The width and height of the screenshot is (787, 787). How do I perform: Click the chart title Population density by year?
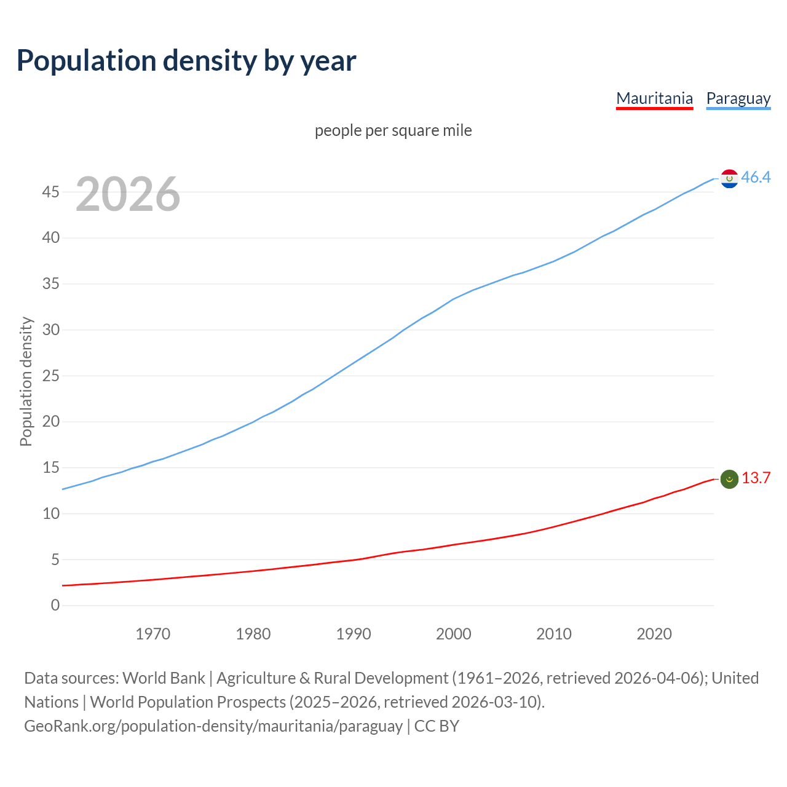(x=186, y=61)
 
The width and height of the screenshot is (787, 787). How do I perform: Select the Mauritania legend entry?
(x=654, y=98)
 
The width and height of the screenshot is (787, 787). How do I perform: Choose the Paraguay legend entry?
(x=738, y=98)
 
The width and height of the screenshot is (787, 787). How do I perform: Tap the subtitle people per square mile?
(x=393, y=130)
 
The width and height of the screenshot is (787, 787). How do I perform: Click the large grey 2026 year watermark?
(x=128, y=194)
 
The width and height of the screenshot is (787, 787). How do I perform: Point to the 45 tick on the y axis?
(x=51, y=192)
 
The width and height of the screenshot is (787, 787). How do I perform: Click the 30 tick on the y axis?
(x=51, y=330)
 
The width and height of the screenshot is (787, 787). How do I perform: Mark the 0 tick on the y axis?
(x=55, y=606)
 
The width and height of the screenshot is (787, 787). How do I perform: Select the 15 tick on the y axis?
(x=51, y=468)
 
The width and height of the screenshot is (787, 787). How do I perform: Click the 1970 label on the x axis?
(x=152, y=634)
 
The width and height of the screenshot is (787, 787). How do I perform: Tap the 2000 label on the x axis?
(x=453, y=634)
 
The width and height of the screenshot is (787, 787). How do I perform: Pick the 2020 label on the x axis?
(x=654, y=634)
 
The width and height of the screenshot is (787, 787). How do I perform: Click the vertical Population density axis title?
(x=26, y=381)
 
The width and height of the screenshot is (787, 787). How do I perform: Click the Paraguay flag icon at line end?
(x=729, y=178)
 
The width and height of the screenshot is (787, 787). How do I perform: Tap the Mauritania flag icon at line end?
(x=729, y=479)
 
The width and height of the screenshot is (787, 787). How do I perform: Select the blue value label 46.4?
(x=756, y=178)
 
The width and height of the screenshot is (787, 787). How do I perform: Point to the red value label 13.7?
(x=756, y=478)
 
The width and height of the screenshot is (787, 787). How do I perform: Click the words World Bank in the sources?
(x=164, y=678)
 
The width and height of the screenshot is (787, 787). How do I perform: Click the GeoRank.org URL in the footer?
(x=213, y=726)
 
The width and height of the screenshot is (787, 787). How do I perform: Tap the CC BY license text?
(x=437, y=726)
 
